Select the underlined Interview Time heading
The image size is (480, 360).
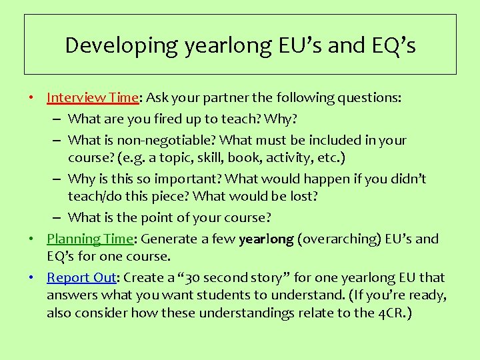(x=92, y=97)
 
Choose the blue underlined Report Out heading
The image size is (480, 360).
(x=81, y=277)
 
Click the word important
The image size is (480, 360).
(x=189, y=179)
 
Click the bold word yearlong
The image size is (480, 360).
(x=265, y=239)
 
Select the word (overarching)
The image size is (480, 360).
(x=336, y=239)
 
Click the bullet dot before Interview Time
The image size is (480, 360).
(x=32, y=98)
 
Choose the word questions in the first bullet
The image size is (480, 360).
(x=373, y=98)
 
